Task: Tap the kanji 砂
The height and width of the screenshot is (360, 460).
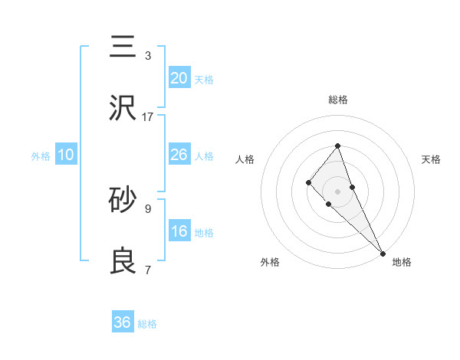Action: point(123,201)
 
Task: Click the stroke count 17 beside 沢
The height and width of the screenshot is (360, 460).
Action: point(148,117)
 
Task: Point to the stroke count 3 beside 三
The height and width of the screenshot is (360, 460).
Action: point(148,56)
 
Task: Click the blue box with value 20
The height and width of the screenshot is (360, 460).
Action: point(179,77)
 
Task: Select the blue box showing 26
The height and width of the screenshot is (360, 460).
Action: point(179,155)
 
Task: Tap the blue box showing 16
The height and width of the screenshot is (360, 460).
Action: point(179,231)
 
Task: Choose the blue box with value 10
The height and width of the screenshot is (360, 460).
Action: point(66,155)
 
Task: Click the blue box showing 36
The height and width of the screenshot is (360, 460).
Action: point(123,322)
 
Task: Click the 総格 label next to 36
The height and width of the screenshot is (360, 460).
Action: point(147,324)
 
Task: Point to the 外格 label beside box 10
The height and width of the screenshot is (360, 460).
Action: point(41,156)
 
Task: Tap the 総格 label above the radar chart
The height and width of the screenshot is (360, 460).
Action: point(337,100)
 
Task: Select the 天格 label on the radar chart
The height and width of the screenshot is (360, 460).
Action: point(432,159)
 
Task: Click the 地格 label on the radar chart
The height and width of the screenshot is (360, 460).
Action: point(402,262)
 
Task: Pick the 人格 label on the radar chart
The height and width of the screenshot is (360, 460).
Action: point(245,159)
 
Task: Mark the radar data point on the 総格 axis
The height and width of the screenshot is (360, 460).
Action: point(337,146)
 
